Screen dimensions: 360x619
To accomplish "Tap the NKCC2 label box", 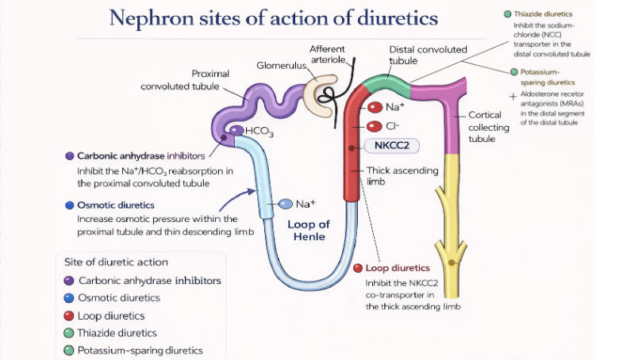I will tap(391, 146).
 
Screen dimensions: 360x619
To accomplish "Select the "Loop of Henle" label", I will tap(308, 230).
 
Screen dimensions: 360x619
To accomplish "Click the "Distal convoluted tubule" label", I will tap(428, 55).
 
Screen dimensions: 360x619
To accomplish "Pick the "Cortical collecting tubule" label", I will tap(488, 127).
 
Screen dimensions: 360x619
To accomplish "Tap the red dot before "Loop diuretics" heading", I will tap(359, 268).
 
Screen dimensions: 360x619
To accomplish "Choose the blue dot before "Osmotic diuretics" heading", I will tap(70, 205).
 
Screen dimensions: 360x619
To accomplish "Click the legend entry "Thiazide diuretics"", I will tap(117, 333).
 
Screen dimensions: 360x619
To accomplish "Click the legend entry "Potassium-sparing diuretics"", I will tap(140, 350).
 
